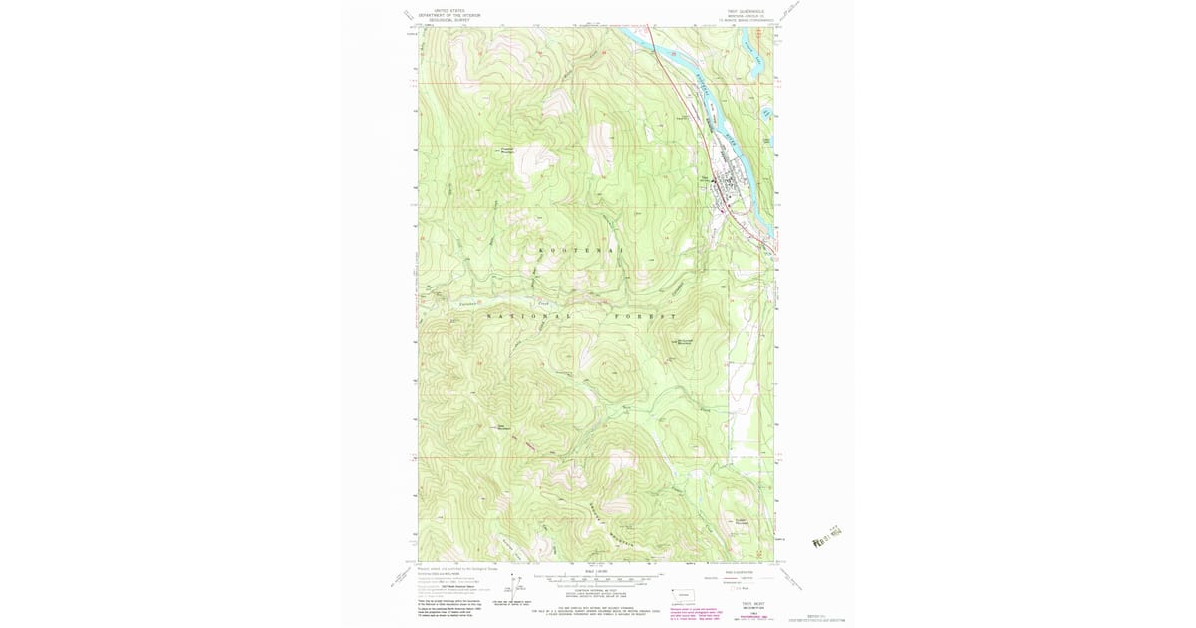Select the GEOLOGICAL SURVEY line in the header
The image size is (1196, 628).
pos(447,21)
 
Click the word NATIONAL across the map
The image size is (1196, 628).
pos(529,315)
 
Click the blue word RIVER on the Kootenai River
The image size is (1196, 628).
pos(734,145)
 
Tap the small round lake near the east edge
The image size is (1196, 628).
pos(765,114)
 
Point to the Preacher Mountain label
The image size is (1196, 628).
pos(505,150)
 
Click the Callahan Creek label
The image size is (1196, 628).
pos(467,301)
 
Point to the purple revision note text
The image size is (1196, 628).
pos(718,610)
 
